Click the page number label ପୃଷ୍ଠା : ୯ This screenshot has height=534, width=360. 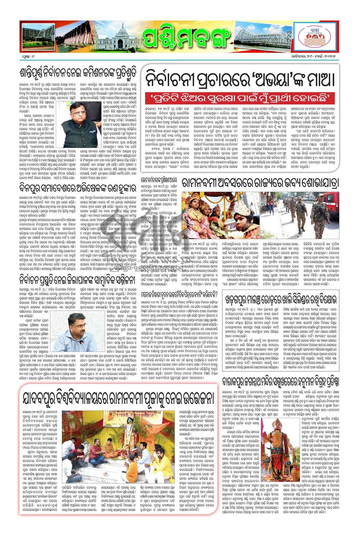pyautogui.click(x=28, y=55)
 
